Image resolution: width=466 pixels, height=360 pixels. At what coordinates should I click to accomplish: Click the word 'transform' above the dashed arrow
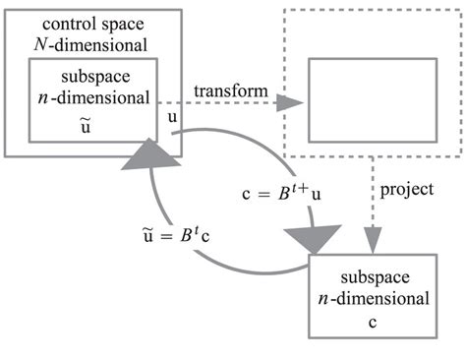coord(230,91)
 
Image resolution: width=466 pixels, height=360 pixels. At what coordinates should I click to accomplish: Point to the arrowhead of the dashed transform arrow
coord(292,103)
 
